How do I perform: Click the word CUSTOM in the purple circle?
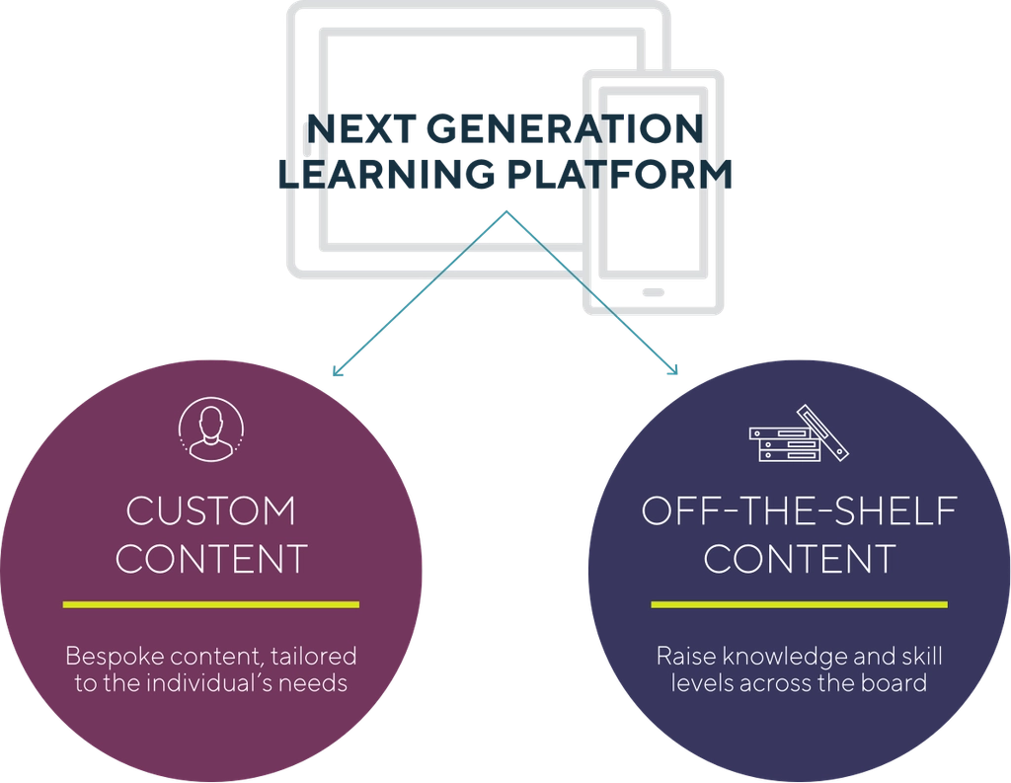tap(211, 511)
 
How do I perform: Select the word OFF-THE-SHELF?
tap(799, 511)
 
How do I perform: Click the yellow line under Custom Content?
tap(211, 603)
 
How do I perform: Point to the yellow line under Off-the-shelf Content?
tap(799, 603)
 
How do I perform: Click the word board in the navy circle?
tap(898, 681)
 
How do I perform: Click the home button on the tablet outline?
tap(653, 291)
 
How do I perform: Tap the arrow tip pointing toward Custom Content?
tap(337, 373)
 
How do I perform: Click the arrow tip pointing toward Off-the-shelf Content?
tap(675, 372)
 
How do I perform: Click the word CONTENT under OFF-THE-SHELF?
tap(799, 559)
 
